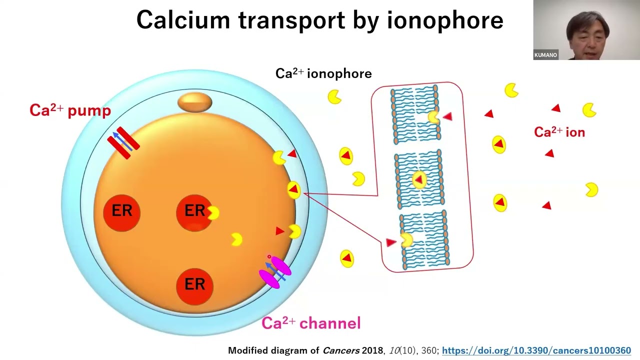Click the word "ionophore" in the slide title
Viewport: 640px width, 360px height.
(445, 21)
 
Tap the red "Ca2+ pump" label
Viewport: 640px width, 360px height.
(70, 110)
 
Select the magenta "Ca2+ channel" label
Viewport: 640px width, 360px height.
(311, 323)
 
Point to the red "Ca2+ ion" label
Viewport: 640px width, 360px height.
(559, 132)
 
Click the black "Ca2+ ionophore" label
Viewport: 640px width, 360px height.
(323, 74)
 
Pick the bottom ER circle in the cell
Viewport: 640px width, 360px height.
(194, 285)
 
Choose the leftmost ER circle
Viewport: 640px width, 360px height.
(121, 211)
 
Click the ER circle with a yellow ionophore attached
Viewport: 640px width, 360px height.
(194, 211)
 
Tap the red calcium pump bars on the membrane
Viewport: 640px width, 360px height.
(123, 142)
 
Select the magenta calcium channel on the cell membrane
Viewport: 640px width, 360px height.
(275, 272)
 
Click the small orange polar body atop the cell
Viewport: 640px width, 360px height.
(195, 102)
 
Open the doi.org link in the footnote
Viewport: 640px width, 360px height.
(536, 350)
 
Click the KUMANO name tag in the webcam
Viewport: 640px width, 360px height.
(545, 55)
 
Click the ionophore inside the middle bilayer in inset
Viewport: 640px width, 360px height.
(419, 179)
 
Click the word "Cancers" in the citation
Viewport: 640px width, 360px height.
(341, 350)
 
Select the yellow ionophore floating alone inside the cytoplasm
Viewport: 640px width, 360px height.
(236, 239)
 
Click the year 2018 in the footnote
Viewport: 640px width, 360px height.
(372, 350)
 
